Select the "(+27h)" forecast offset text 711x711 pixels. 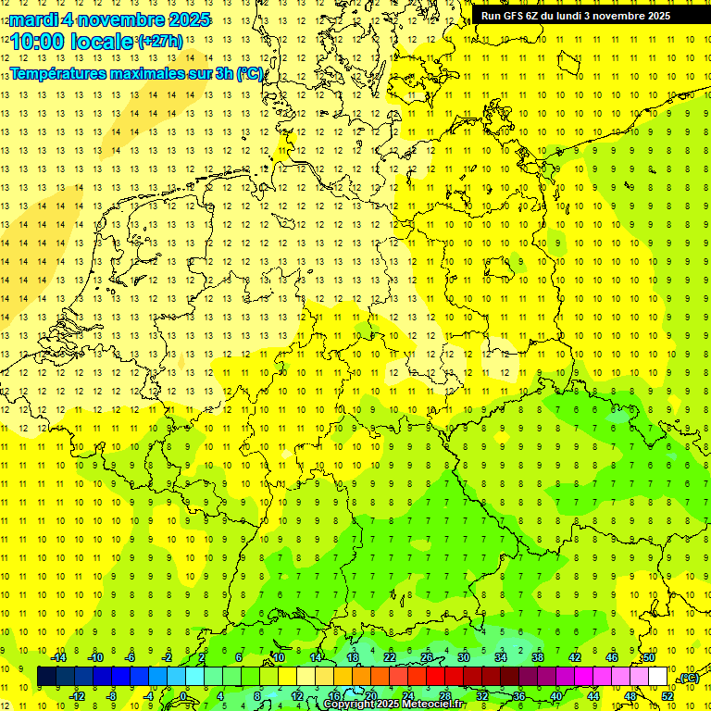click(160, 41)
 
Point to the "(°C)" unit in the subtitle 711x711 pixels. click(250, 72)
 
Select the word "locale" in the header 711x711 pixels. click(102, 42)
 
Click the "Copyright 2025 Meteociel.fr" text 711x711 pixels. click(395, 705)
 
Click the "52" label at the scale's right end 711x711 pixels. click(667, 695)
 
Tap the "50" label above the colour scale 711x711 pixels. click(649, 657)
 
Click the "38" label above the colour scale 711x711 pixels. click(537, 657)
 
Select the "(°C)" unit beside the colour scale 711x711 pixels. click(688, 678)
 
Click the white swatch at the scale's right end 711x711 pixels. click(657, 677)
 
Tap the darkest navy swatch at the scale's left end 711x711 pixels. click(46, 677)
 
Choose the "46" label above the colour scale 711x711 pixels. click(611, 657)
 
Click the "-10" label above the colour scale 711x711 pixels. click(94, 657)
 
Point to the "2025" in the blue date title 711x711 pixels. click(183, 19)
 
